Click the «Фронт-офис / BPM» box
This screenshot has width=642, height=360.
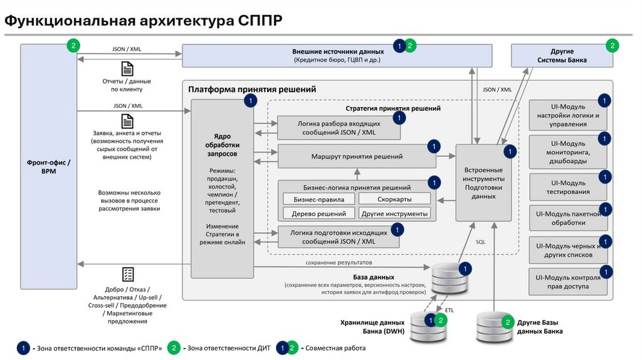coord(49,166)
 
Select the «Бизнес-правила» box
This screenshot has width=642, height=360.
coord(318,199)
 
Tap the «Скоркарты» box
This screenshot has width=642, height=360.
coord(394,199)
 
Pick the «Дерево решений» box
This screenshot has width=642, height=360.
coord(318,213)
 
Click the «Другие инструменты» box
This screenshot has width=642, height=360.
coord(394,213)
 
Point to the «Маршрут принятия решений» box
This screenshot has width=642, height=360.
coord(357,156)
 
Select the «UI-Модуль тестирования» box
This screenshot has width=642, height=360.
coord(568,187)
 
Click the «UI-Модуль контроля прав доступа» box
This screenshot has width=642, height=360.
coord(568,282)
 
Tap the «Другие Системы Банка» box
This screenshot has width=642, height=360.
coord(562,56)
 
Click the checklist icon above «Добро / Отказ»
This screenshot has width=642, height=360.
coord(128,275)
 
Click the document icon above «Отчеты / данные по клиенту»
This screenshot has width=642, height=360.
coord(127,69)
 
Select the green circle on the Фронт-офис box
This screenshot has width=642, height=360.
coord(73,45)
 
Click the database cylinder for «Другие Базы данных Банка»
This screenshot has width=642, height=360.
coord(493,326)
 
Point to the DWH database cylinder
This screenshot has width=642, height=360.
coord(428,326)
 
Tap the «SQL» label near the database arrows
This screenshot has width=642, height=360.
coord(480,242)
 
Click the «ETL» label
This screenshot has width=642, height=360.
coord(449,310)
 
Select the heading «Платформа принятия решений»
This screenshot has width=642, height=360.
coord(252,89)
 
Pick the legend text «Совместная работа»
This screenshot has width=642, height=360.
coord(335,348)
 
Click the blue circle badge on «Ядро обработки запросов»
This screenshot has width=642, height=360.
coord(251,101)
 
